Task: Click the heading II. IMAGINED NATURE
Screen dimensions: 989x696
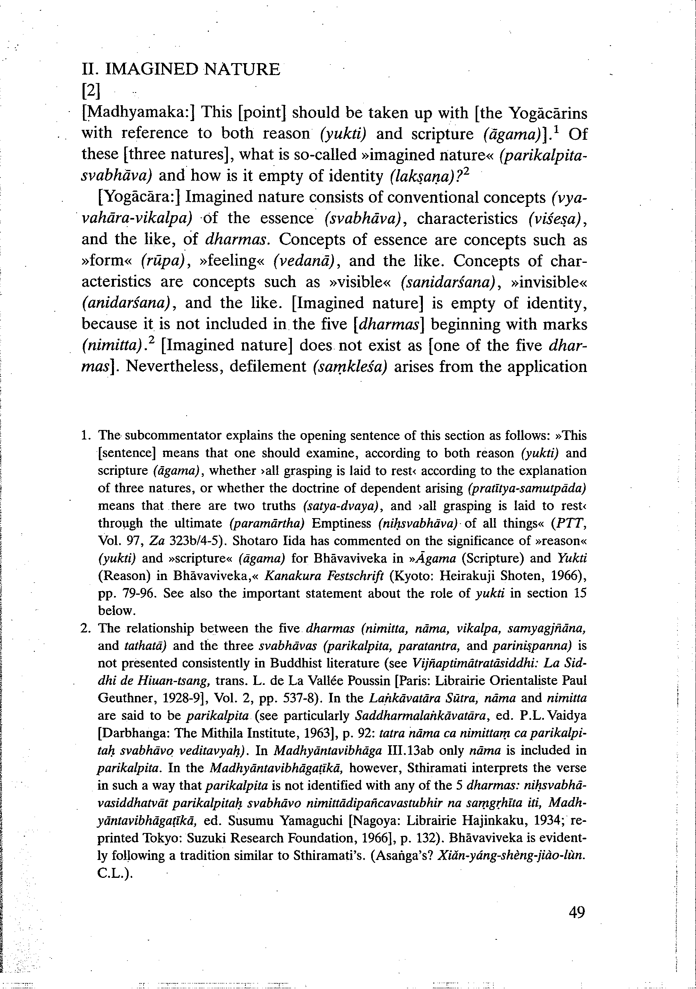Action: [x=181, y=69]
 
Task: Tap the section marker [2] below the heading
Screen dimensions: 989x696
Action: [x=91, y=91]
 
